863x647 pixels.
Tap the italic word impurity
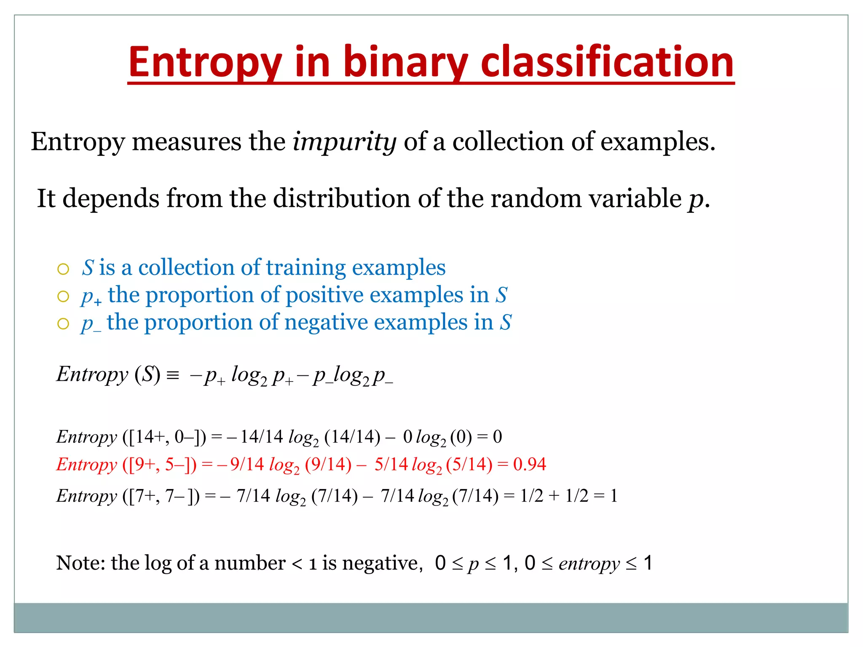tap(344, 142)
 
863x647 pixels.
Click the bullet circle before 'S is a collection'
tap(63, 269)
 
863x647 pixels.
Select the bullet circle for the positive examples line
tap(63, 297)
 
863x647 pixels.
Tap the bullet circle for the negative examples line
tap(63, 324)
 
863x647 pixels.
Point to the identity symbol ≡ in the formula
tap(173, 375)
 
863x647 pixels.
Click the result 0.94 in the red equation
tap(530, 464)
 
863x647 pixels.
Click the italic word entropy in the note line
tap(589, 564)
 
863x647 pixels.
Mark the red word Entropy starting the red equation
tap(86, 464)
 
